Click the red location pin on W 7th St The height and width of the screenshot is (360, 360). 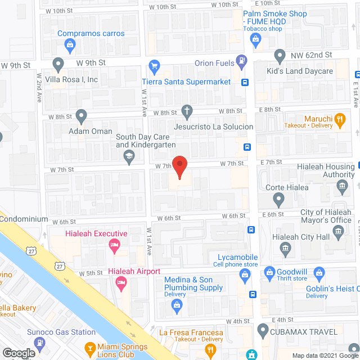tap(179, 167)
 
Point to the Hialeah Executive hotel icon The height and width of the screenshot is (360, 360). tap(114, 245)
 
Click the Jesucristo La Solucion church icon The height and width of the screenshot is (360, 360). tap(187, 111)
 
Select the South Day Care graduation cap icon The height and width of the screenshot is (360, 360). tap(129, 159)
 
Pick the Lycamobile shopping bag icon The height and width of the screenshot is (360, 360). tap(245, 274)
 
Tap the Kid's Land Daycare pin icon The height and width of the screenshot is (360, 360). tap(280, 56)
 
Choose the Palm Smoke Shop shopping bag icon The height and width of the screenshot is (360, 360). tap(256, 39)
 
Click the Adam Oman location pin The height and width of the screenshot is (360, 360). tap(82, 117)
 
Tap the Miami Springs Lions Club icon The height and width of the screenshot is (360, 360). tap(90, 348)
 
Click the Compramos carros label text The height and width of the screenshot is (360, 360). tap(91, 33)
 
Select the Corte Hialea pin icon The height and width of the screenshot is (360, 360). tap(278, 199)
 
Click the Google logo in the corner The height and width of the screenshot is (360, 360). tap(19, 353)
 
